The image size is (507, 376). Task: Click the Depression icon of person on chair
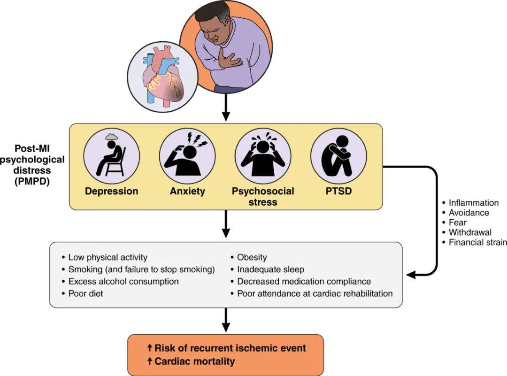(111, 155)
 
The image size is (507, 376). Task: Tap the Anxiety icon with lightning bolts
(187, 155)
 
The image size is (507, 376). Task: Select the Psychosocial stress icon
(263, 155)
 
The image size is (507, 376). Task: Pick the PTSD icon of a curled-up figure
(338, 155)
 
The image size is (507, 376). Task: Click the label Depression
(111, 191)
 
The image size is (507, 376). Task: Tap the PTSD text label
(338, 191)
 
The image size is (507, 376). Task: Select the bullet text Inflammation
(473, 203)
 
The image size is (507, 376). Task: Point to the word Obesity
(252, 257)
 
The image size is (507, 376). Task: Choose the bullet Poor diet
(85, 293)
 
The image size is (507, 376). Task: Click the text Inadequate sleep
(270, 269)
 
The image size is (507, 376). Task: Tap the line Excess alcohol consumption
(123, 281)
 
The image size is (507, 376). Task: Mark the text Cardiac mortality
(194, 361)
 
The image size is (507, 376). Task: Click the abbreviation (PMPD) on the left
(32, 180)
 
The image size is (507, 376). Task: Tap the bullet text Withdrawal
(470, 232)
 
